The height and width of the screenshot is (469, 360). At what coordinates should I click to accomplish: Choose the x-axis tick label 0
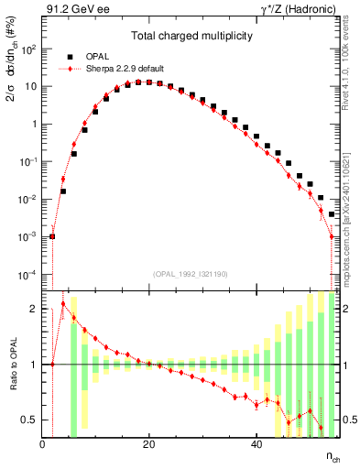tap(42, 444)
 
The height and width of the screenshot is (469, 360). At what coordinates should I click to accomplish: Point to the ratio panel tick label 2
tap(33, 309)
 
